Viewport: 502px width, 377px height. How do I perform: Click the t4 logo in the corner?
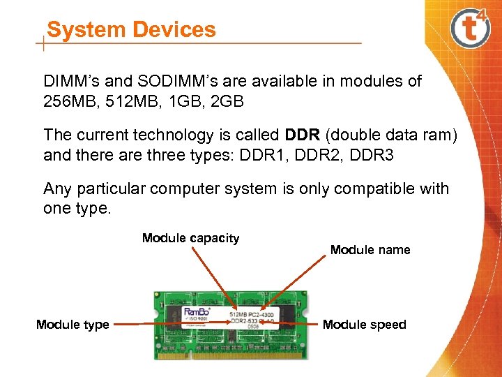[x=471, y=29]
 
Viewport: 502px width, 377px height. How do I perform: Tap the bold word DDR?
[x=303, y=135]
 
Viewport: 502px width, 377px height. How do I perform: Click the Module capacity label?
[x=190, y=238]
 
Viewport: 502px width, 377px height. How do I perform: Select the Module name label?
[x=370, y=250]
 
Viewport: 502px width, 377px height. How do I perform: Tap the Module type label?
[x=73, y=325]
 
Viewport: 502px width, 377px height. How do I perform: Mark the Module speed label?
[x=364, y=325]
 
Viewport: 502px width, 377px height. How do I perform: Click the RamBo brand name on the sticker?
[x=197, y=311]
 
